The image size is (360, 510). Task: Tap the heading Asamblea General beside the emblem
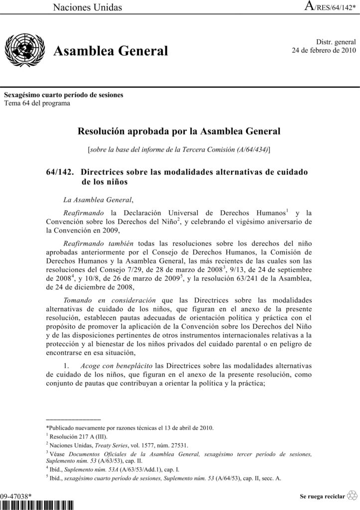point(111,51)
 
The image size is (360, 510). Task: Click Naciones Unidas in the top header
point(88,7)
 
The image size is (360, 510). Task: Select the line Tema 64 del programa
point(37,103)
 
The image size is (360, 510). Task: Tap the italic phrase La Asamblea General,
point(98,200)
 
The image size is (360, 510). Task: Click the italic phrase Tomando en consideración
point(110,300)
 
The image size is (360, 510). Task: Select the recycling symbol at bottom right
point(352,496)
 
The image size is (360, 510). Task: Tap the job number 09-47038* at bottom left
point(17,496)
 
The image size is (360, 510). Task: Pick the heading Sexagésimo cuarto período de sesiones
point(64,95)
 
